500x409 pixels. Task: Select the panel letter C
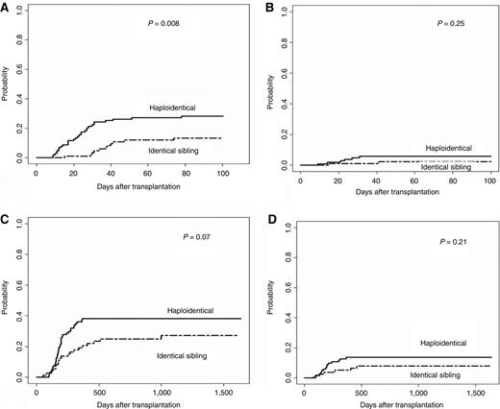pyautogui.click(x=7, y=217)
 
